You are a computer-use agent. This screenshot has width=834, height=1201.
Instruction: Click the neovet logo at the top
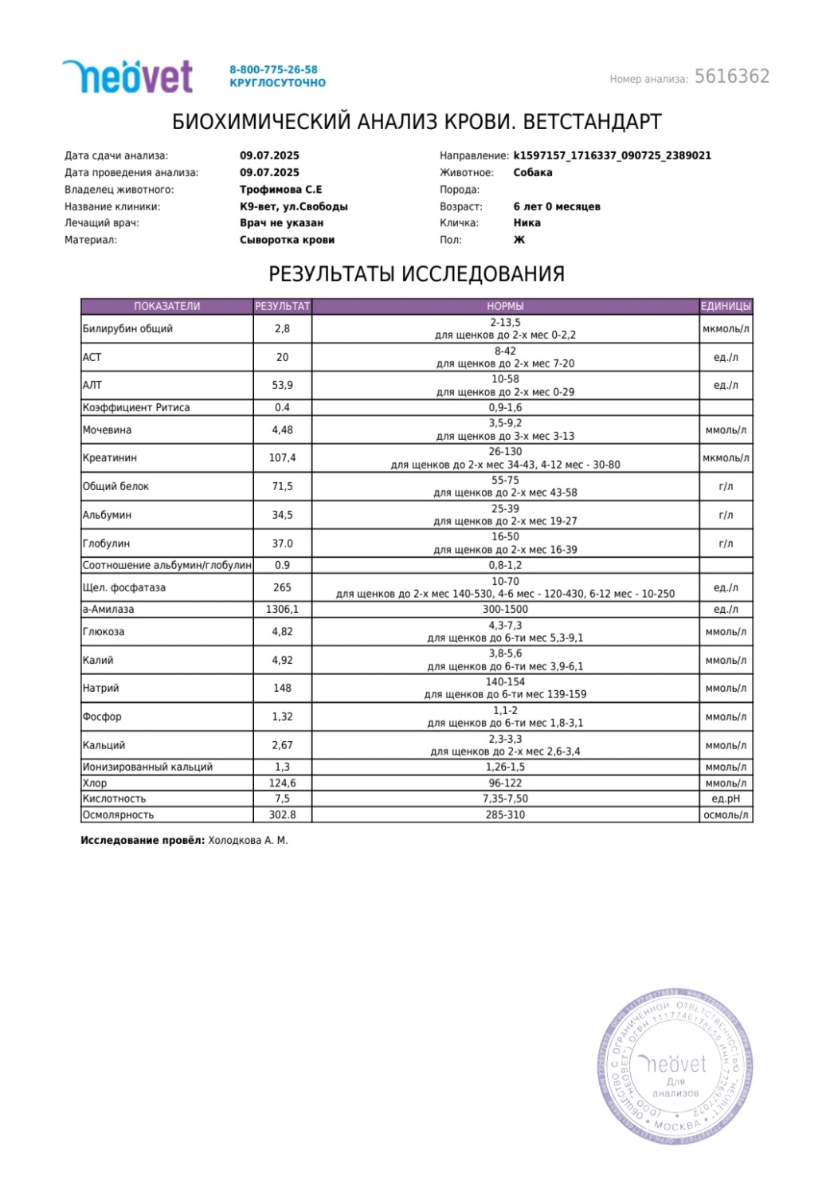[x=127, y=77]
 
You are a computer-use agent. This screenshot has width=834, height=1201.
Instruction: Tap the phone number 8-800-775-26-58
[x=273, y=69]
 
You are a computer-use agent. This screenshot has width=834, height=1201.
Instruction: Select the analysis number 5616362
[x=731, y=77]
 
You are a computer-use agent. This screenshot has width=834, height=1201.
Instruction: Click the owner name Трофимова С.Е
[x=280, y=190]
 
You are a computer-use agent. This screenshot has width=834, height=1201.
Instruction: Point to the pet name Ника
[x=527, y=223]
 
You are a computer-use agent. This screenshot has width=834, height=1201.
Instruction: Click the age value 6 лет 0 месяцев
[x=556, y=206]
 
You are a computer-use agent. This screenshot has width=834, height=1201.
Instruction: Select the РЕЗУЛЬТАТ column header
[x=282, y=306]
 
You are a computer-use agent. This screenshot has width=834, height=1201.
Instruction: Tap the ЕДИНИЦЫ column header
[x=725, y=306]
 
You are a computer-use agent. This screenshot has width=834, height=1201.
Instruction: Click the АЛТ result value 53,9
[x=282, y=385]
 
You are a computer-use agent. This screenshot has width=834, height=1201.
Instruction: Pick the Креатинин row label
[x=110, y=458]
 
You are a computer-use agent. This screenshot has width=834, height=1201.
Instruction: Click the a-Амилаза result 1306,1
[x=282, y=610]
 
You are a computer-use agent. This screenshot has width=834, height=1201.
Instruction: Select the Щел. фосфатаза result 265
[x=282, y=587]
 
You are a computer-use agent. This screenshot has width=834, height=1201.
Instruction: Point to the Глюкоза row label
[x=104, y=632]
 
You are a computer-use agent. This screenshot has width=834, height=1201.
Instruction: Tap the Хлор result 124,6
[x=282, y=783]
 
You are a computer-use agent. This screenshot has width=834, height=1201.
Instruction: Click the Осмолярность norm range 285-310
[x=505, y=815]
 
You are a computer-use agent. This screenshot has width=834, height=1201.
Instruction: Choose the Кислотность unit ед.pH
[x=725, y=799]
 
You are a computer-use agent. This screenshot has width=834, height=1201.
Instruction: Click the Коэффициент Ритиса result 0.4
[x=282, y=407]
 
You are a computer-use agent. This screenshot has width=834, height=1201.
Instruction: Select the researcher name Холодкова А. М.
[x=248, y=841]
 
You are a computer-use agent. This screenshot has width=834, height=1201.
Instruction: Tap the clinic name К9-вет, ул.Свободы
[x=293, y=206]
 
